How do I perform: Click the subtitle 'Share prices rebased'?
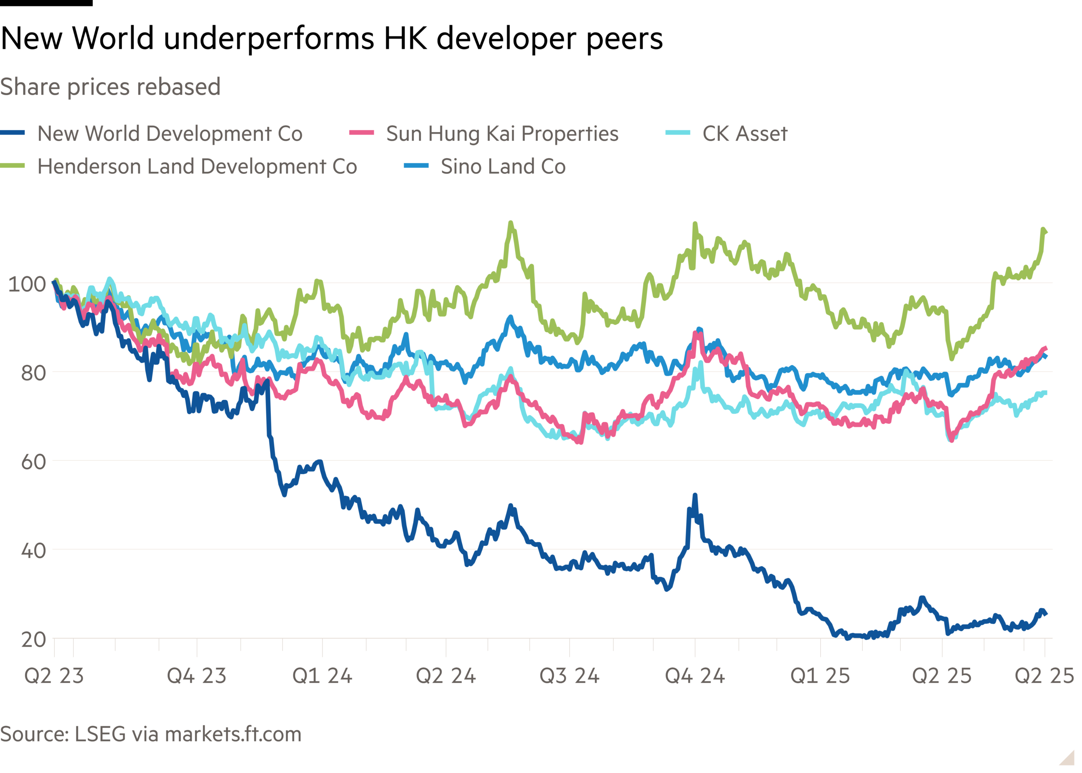[x=110, y=87]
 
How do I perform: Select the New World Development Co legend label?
[x=170, y=134]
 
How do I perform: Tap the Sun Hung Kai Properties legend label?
[x=502, y=134]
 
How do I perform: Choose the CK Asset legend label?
[x=744, y=134]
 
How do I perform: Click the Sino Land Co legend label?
[x=503, y=167]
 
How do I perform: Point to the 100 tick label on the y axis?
[x=27, y=284]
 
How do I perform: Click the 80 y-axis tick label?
[x=33, y=373]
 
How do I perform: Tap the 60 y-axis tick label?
[x=33, y=462]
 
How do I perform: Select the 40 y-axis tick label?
[x=33, y=551]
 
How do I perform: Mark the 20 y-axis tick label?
[x=33, y=640]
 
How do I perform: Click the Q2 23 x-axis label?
[x=54, y=675]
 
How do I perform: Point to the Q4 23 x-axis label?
[x=197, y=675]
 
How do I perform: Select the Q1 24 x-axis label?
[x=322, y=675]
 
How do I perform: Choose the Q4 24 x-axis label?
[x=695, y=675]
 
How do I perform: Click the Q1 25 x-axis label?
[x=820, y=675]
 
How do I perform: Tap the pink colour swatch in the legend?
[x=361, y=133]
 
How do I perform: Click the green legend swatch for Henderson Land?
[x=12, y=166]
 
